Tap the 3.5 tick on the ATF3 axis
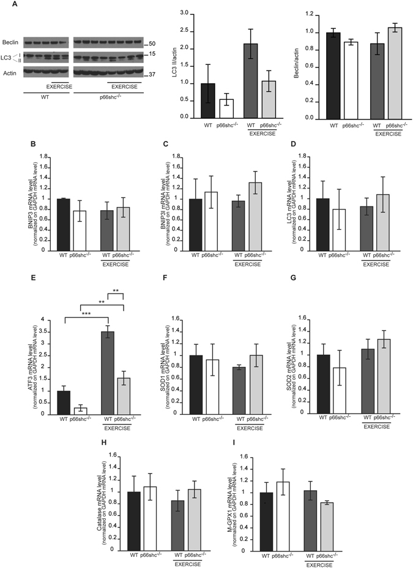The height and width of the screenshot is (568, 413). (50, 331)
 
